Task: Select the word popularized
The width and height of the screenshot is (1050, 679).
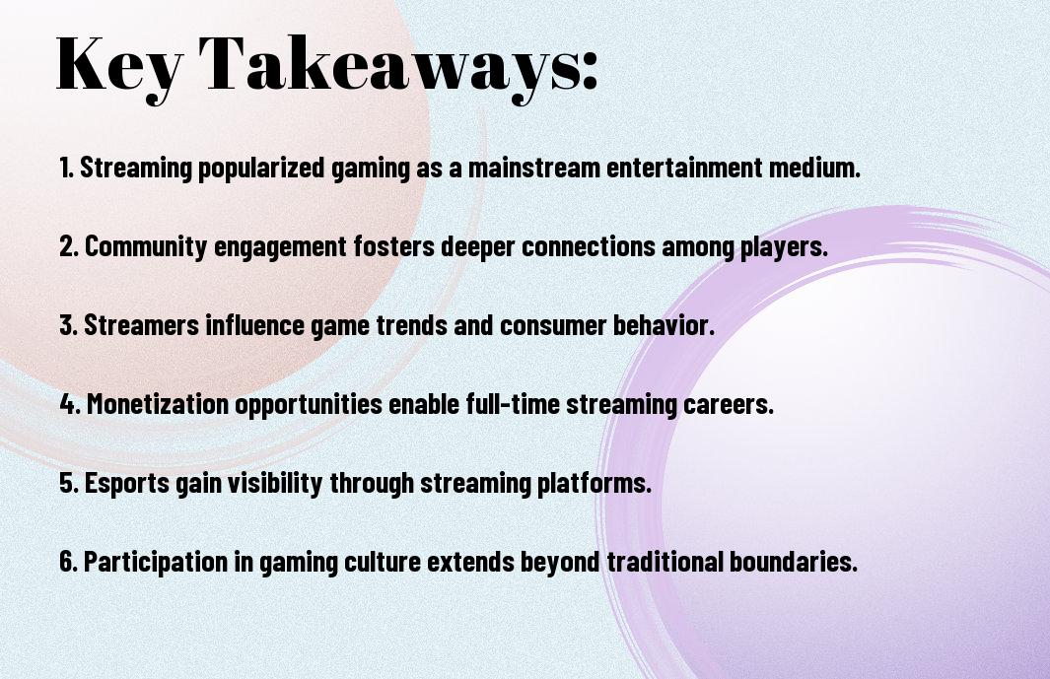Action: click(261, 169)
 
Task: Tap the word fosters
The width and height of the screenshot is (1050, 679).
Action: click(394, 246)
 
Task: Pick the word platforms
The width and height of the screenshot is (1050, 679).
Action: click(594, 483)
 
